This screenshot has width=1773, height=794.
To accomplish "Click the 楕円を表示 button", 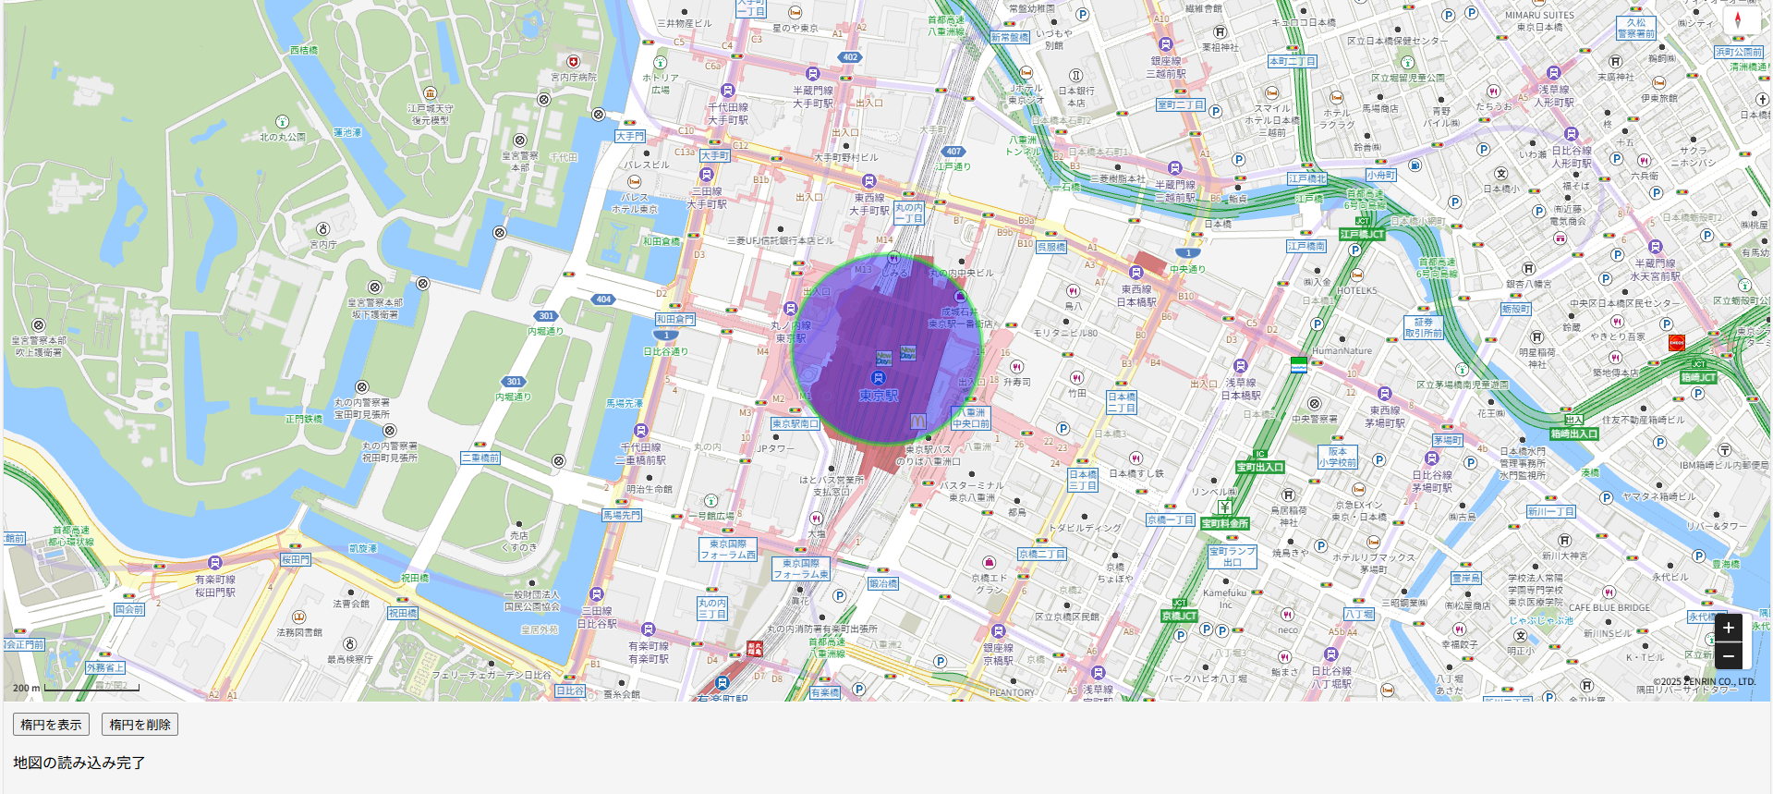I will pos(51,725).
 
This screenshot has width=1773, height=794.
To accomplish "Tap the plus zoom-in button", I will pos(1728,628).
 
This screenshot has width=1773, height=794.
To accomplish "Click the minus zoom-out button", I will pos(1728,656).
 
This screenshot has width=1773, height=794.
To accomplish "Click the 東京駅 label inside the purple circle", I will pos(878,396).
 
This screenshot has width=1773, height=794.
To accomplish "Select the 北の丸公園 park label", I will pos(282,137).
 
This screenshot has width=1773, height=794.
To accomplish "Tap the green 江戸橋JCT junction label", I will pos(1363,235).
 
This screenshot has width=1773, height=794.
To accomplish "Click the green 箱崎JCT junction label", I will pos(1697,377).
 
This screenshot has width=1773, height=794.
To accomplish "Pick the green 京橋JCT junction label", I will pos(1179,616).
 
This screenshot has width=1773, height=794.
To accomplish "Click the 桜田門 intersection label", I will pos(296,559).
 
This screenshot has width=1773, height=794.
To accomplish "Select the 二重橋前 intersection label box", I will pos(480,458).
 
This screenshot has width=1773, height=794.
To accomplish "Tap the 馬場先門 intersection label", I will pos(621,515).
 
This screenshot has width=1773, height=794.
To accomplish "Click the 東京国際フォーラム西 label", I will pos(728,550).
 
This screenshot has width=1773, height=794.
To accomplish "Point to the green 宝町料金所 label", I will pos(1225,523).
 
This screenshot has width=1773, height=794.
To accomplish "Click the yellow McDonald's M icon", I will pos(917,421).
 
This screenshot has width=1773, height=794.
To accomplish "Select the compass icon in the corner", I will pos(1737,20).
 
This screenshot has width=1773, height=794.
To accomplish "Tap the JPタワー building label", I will pos(775,448).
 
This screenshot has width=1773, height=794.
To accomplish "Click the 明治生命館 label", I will pos(649,489).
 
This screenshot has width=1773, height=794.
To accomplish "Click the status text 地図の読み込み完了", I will pos(79,763).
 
